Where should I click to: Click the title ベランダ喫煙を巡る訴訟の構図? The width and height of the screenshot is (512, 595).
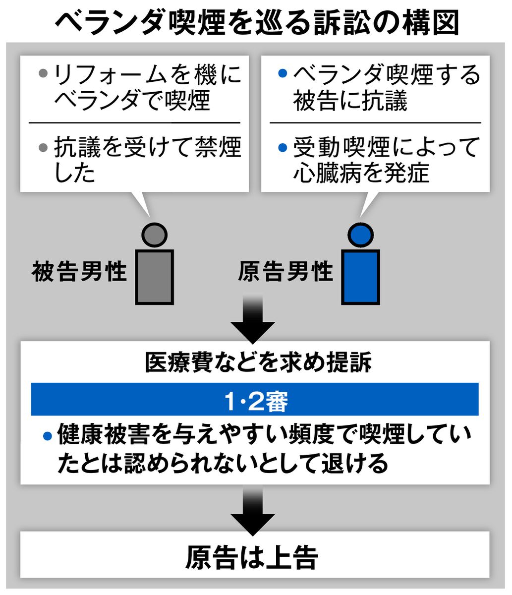point(256,22)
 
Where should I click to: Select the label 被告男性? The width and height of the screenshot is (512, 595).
point(79,272)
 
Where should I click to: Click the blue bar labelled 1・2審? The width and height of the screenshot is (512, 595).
point(255,399)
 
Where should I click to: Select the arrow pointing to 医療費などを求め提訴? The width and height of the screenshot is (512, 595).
point(253,320)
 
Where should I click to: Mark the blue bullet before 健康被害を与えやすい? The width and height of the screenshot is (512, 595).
point(48,436)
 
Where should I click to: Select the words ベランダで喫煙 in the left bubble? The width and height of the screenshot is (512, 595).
point(132,101)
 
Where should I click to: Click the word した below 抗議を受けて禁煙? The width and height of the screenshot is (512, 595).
point(74,173)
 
